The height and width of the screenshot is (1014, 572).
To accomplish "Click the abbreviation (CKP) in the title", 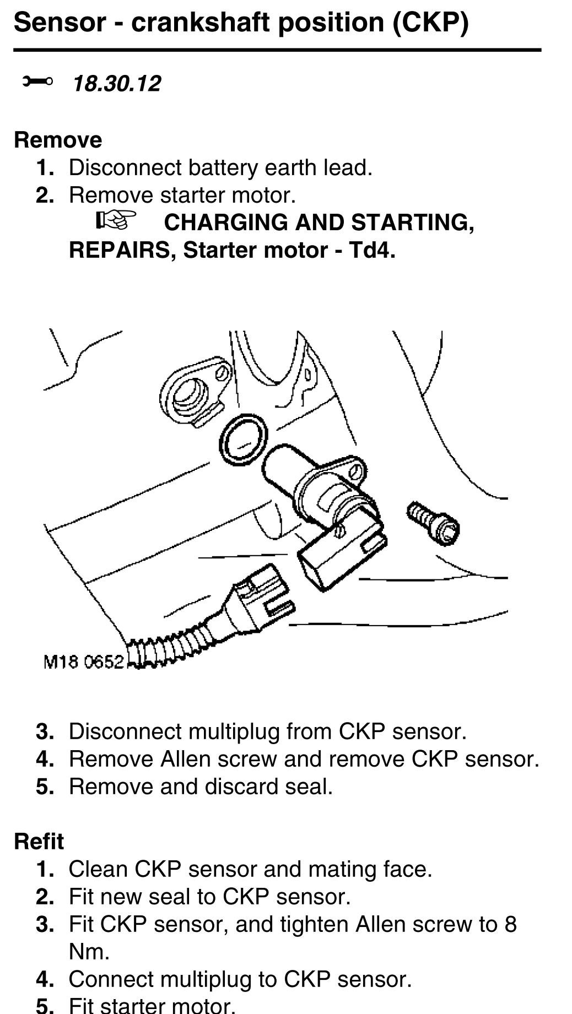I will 430,23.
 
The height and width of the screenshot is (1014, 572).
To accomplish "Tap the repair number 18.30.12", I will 117,84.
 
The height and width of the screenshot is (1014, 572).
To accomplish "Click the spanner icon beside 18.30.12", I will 37,82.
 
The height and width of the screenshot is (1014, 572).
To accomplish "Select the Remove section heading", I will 58,140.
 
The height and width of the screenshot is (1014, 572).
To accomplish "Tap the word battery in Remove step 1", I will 223,167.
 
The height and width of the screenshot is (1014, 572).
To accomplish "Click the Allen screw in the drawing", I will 434,523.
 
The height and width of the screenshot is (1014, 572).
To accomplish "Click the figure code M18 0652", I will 83,661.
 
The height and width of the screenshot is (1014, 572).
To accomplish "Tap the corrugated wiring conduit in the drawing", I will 165,650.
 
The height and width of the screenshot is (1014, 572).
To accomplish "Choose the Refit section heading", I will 39,842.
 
